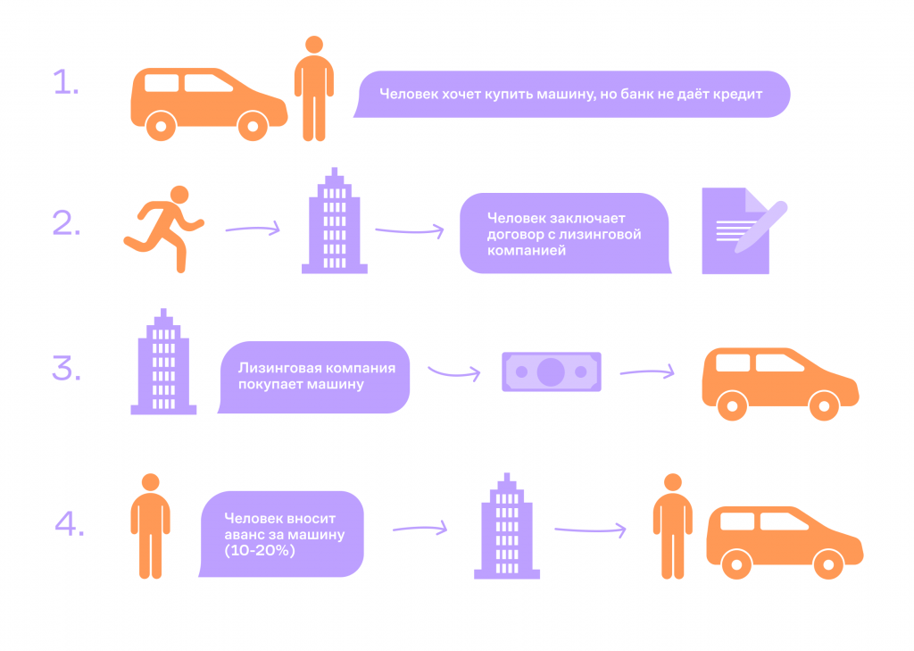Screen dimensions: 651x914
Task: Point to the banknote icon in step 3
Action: point(551,371)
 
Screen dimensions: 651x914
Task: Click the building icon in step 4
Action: point(506,527)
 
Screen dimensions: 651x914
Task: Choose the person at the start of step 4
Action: point(151,526)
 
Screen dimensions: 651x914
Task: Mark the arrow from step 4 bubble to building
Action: point(420,529)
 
